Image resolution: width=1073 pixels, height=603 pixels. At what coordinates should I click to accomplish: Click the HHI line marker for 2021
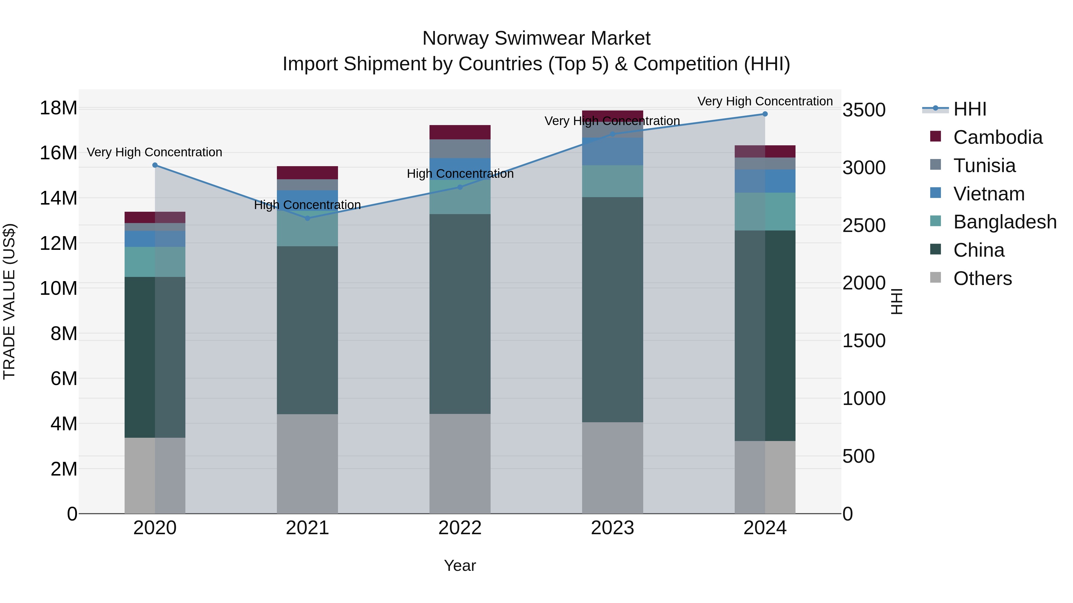tap(307, 218)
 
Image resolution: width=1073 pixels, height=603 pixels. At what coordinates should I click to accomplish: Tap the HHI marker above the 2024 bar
tap(765, 114)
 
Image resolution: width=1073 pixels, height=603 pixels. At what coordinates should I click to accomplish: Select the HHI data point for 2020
tap(155, 165)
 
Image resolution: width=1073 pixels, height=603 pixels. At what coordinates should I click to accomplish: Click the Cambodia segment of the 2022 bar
tap(460, 132)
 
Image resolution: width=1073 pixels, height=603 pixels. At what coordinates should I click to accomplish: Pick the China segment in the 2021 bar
tap(307, 330)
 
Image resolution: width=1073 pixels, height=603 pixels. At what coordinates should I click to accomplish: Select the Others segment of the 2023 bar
tap(612, 468)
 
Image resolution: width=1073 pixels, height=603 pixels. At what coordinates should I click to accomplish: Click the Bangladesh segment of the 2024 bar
tap(765, 211)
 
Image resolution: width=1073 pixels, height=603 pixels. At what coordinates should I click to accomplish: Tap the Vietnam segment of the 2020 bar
tap(155, 239)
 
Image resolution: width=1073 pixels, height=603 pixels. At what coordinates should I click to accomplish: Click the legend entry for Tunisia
tap(984, 166)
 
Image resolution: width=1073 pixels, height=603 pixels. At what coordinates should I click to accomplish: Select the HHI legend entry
tap(970, 109)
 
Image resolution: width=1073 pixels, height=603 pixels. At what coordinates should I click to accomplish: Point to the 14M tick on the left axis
tap(58, 198)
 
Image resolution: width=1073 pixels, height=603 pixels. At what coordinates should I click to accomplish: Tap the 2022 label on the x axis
tap(460, 528)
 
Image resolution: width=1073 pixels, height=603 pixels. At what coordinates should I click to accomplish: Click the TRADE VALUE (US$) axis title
tap(9, 301)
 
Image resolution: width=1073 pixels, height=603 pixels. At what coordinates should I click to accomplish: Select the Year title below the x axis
tap(460, 565)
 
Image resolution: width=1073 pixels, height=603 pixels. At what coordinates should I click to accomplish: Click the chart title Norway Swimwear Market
tap(536, 38)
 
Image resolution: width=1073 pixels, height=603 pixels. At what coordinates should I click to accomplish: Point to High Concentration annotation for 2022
tap(460, 174)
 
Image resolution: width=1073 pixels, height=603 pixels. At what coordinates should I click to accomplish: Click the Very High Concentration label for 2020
tap(154, 152)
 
